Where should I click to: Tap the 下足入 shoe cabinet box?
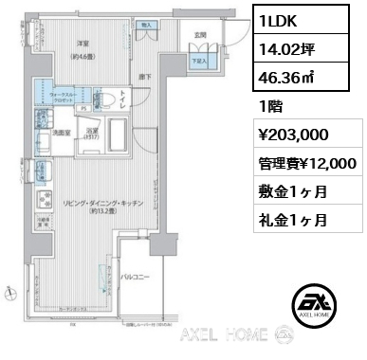[x=201, y=59]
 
